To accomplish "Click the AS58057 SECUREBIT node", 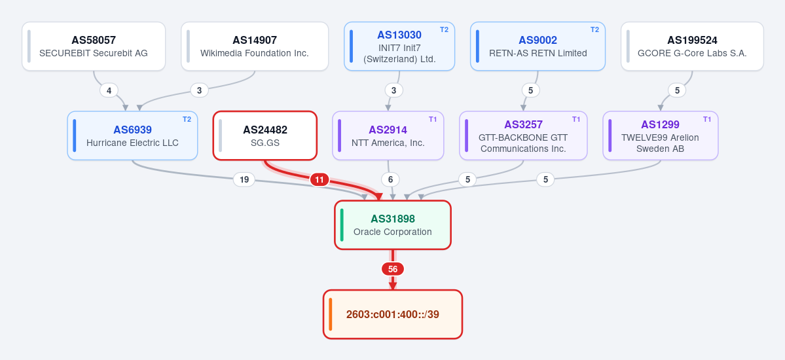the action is [94, 46].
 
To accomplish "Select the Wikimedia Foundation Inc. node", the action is [254, 46].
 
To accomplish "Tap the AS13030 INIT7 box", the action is [399, 46].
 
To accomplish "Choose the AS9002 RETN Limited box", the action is [538, 46].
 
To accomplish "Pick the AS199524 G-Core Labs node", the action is [692, 46].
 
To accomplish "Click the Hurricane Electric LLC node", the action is [132, 135].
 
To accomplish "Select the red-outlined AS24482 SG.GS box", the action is [265, 135].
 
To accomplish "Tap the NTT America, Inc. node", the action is [388, 135].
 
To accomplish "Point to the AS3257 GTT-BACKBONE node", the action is [523, 135].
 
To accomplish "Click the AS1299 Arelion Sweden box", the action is [661, 135].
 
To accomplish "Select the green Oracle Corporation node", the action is [393, 225].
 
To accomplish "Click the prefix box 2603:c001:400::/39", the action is [393, 314].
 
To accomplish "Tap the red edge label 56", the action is [393, 270].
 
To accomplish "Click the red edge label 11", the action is [319, 180].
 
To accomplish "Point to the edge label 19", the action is [244, 180].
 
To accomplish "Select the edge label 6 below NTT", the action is [390, 180].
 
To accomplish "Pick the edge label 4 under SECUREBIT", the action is [109, 90].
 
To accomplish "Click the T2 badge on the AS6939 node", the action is [187, 119].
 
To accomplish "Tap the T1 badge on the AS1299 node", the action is [707, 119].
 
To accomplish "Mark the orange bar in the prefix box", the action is [331, 314].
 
